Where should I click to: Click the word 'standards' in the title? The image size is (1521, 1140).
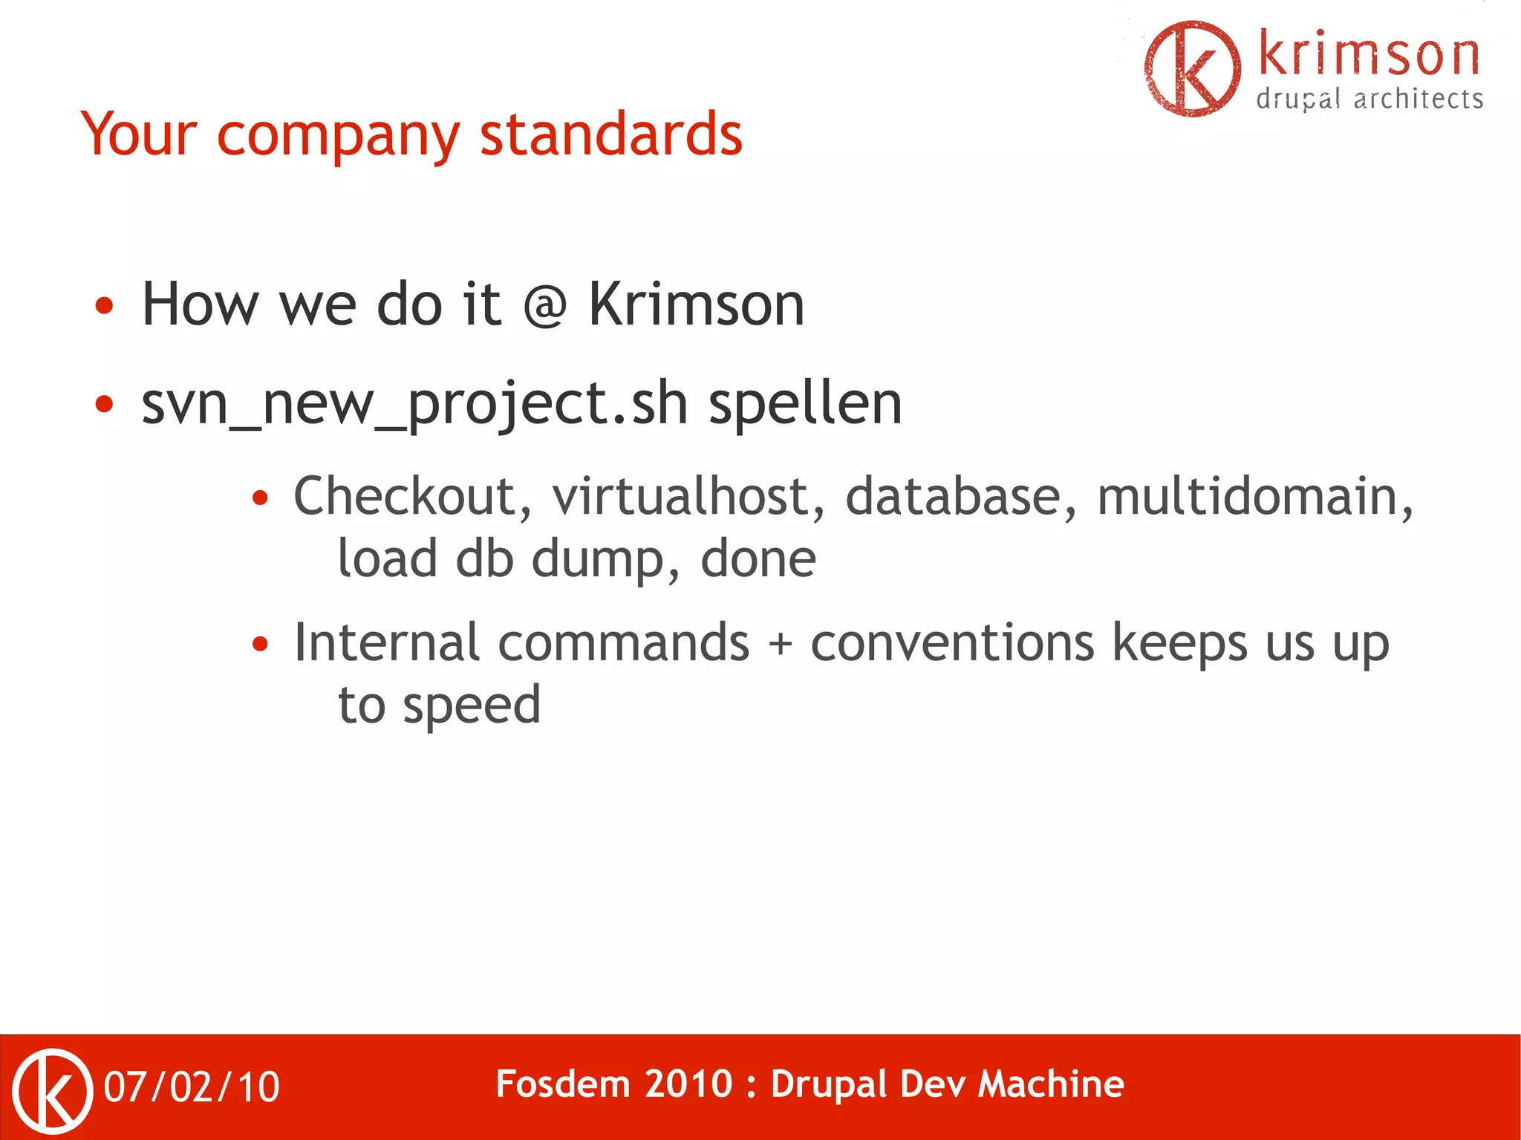610,135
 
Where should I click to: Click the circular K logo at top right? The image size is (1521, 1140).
1192,68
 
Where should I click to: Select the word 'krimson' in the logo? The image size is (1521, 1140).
1369,55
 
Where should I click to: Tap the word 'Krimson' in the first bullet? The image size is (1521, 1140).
696,304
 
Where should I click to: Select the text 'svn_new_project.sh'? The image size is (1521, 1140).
414,405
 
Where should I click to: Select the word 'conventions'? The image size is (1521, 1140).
952,643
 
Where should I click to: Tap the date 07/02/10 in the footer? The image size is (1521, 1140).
192,1087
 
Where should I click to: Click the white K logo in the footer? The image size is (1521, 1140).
53,1090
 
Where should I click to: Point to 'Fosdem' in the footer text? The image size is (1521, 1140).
561,1084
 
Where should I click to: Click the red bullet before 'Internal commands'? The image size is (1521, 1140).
259,644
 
